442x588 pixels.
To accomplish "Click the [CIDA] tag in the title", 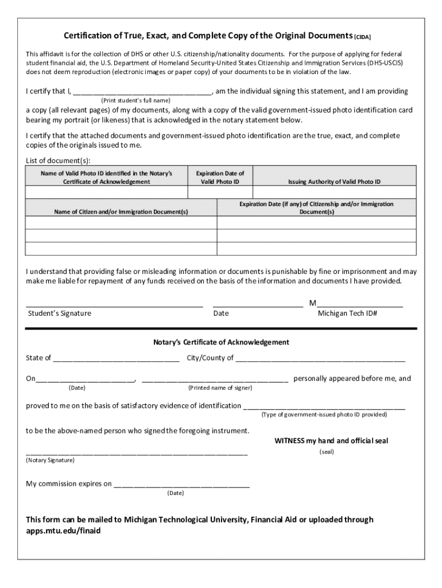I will pos(362,37).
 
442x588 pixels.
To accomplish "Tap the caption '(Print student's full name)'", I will pos(136,100).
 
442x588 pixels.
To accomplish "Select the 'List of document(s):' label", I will pos(58,160).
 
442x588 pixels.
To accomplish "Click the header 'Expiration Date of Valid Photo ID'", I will pos(220,177).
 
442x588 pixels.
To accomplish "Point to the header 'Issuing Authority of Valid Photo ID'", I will pos(334,181).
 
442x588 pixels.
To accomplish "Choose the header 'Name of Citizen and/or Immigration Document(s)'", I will pos(121,212).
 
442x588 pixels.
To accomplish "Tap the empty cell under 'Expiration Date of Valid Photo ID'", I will pos(220,192).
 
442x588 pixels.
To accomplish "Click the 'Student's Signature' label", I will pos(60,314).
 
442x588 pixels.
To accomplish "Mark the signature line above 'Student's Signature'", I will pos(114,305).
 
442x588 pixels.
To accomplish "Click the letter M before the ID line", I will pos(312,303).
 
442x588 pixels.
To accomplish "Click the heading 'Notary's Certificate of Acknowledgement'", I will pos(221,342).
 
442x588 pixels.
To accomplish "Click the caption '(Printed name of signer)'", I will pos(220,388).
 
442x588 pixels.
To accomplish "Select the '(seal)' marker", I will pos(327,452).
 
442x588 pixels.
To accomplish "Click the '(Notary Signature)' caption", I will pos(50,461).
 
